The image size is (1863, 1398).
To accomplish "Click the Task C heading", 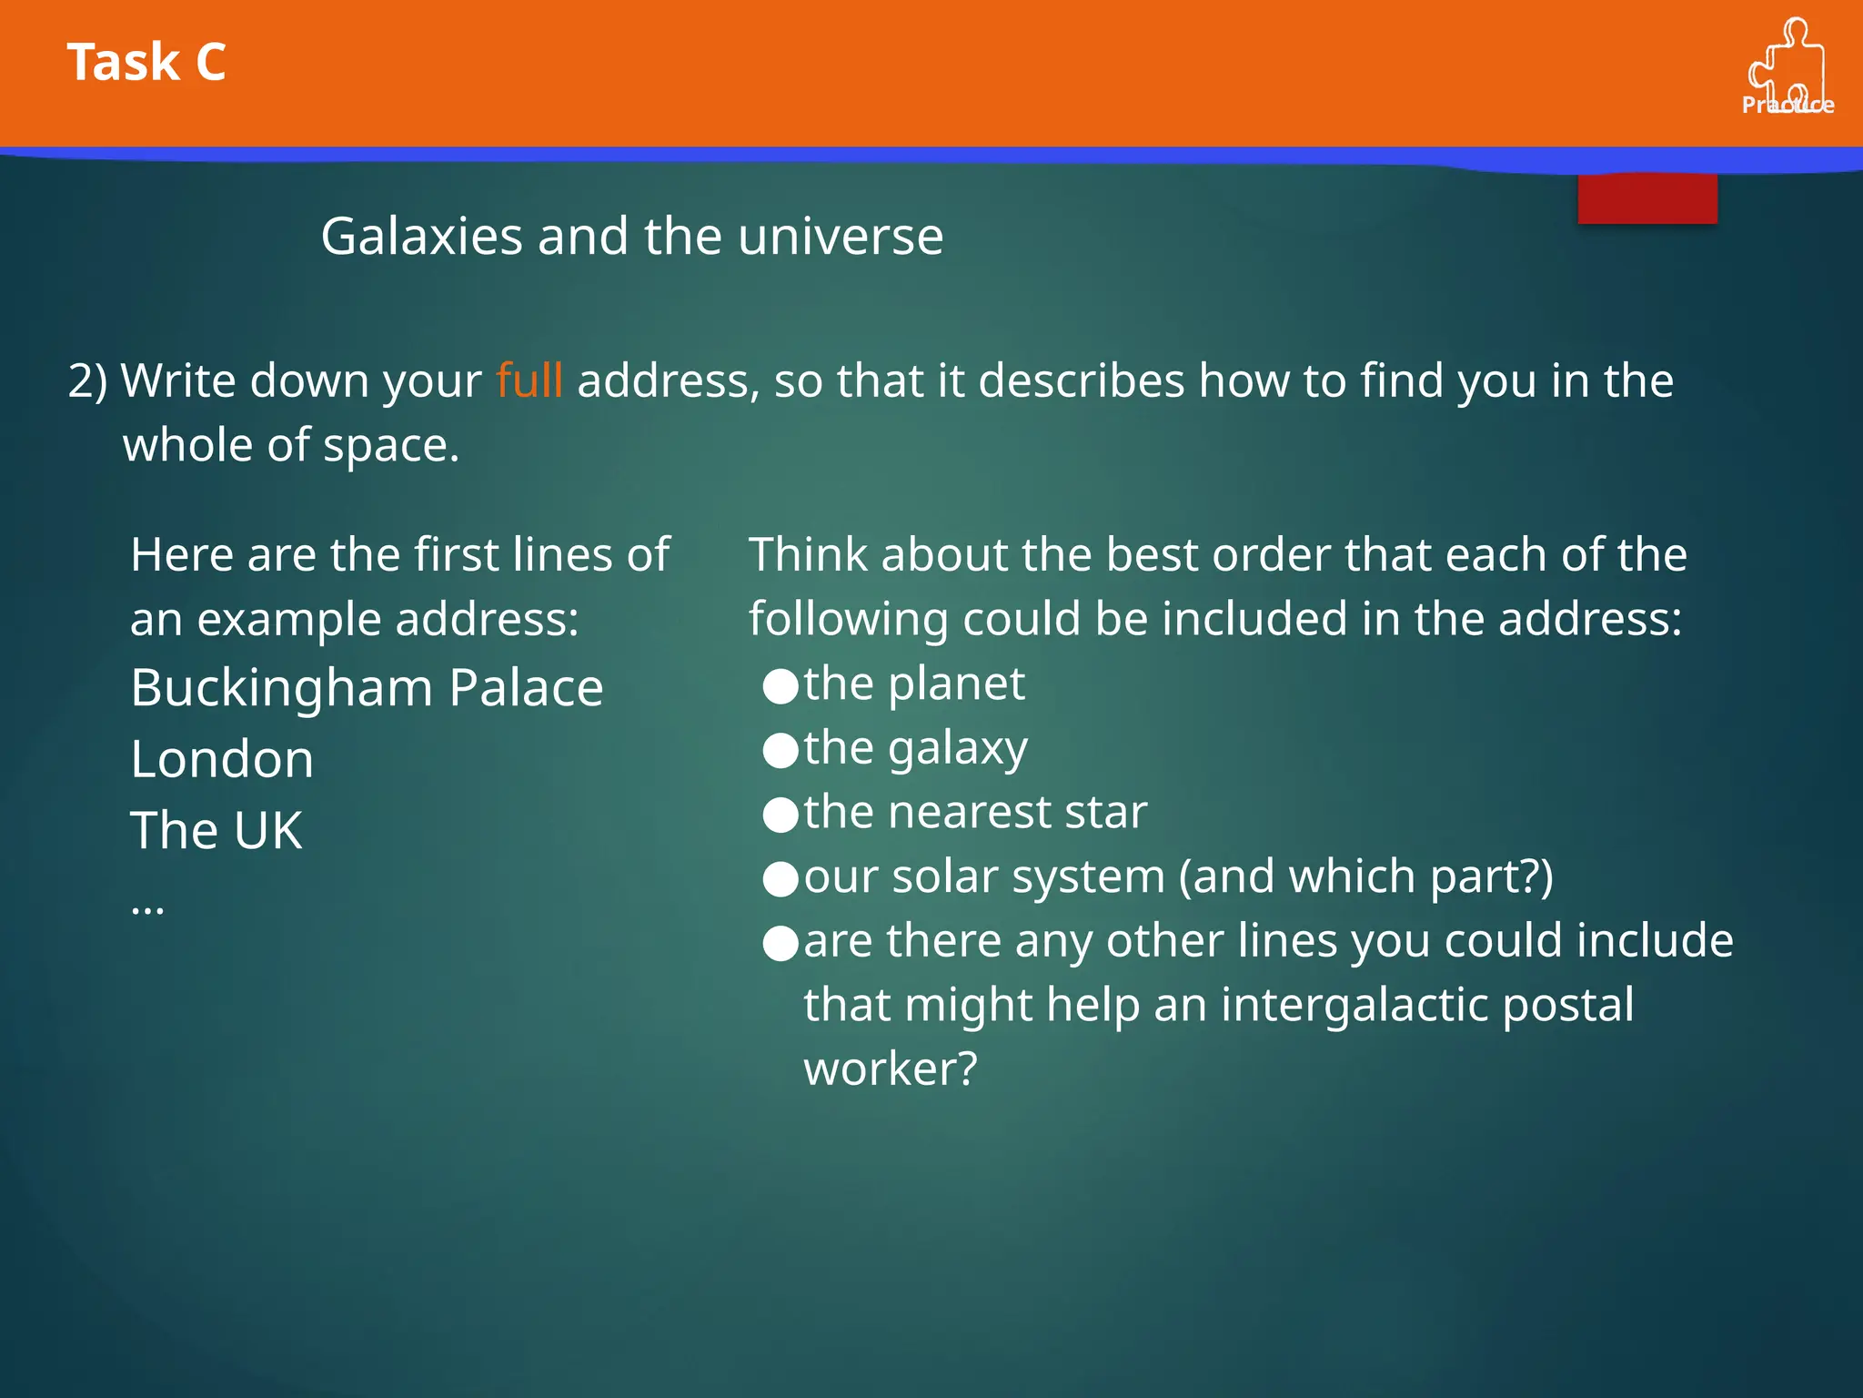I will coord(146,63).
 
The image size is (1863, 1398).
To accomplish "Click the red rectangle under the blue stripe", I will coord(1646,198).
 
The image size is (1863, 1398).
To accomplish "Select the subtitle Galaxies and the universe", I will coord(632,237).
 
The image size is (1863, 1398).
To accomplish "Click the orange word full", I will coord(529,380).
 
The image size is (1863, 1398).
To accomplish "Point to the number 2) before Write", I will coord(87,380).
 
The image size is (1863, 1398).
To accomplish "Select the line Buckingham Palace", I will coord(367,688).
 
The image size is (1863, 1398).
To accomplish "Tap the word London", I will coord(222,759).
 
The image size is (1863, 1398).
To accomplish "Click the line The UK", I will coord(217,830).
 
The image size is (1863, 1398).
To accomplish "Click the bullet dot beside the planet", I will coord(780,686).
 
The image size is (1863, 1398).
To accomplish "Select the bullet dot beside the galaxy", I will coord(780,751).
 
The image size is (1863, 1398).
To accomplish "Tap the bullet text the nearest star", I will coord(975,812).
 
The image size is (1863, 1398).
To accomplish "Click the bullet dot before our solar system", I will coord(780,879).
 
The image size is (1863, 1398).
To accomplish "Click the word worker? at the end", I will coord(890,1069).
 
